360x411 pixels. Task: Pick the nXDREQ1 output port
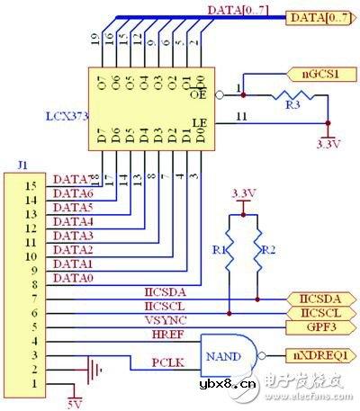point(315,353)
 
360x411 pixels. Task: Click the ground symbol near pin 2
point(87,369)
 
